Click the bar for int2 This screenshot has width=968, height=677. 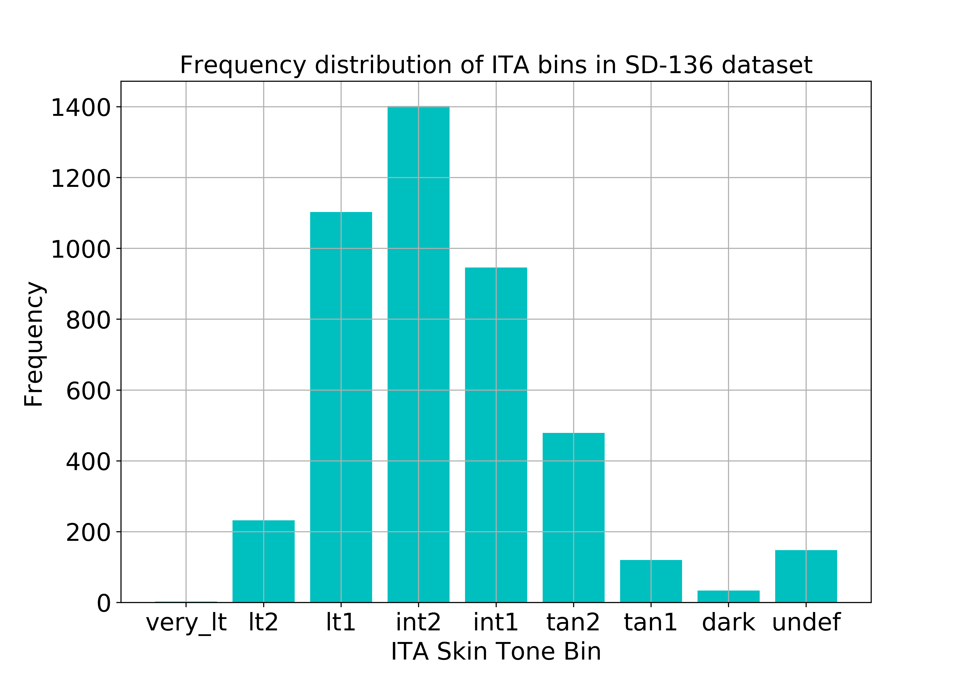click(x=418, y=354)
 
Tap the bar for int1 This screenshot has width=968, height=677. click(x=496, y=435)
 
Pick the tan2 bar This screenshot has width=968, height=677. click(x=573, y=517)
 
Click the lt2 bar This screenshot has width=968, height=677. click(x=263, y=561)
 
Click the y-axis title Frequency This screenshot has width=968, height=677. click(x=34, y=344)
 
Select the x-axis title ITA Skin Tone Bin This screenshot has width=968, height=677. click(x=496, y=652)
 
